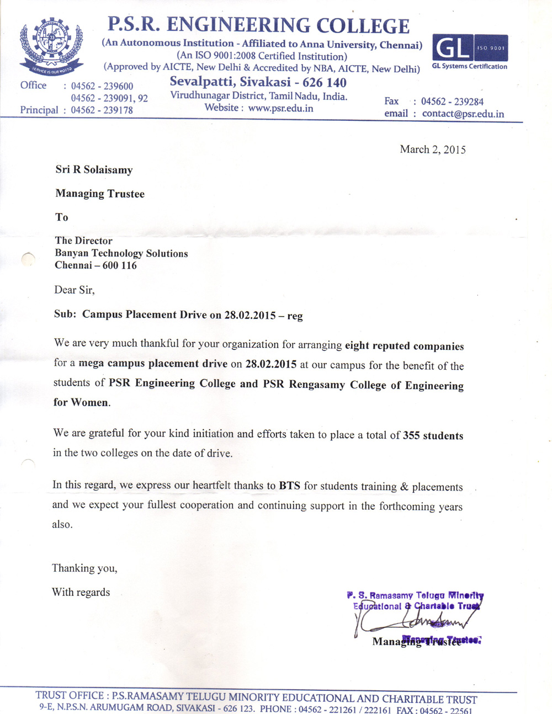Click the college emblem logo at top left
(51, 46)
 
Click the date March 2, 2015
(433, 150)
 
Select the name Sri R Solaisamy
(94, 170)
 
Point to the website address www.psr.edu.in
(280, 108)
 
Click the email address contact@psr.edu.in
(463, 114)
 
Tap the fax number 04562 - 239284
(452, 102)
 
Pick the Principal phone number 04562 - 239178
(102, 110)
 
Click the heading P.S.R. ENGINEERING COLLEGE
(258, 25)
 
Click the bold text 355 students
(433, 435)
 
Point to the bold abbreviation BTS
(289, 486)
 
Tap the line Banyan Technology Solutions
(121, 253)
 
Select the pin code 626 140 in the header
(325, 83)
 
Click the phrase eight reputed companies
(404, 346)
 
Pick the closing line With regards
(81, 592)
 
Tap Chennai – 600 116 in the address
(95, 265)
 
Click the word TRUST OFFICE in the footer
(70, 695)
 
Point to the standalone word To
(62, 217)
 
